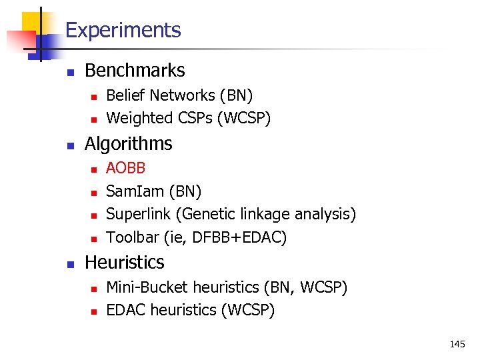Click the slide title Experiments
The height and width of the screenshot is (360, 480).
click(123, 30)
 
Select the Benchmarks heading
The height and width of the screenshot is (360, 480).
click(135, 70)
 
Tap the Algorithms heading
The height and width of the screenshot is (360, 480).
click(128, 143)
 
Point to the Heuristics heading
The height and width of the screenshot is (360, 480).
click(124, 262)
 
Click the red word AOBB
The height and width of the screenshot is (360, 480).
click(126, 167)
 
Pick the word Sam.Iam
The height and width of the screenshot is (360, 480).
click(135, 191)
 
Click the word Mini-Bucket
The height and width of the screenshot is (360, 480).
click(147, 287)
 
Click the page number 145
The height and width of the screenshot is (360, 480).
click(457, 344)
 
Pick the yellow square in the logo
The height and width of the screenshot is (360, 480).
click(32, 21)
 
